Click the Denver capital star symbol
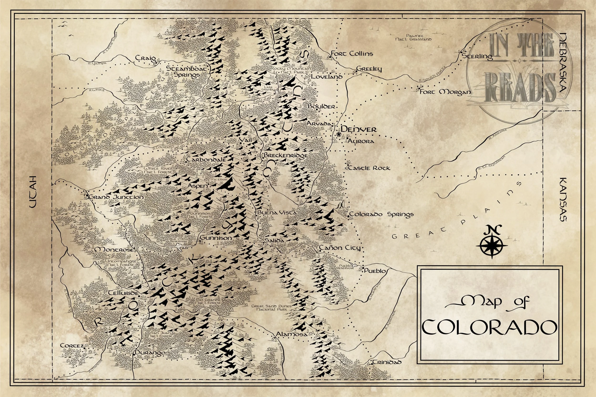point(339,135)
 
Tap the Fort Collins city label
point(352,54)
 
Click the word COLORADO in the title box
point(490,327)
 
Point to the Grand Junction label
point(117,197)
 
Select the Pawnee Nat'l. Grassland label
point(413,37)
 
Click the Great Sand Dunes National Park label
point(271,308)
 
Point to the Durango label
point(150,353)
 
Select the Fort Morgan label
point(445,92)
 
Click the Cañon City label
point(340,248)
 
